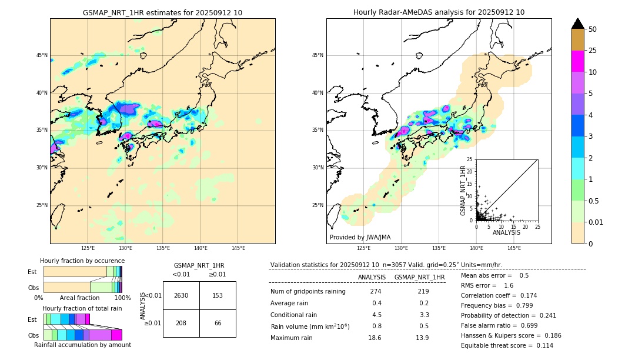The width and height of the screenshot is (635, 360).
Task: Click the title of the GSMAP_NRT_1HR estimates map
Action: click(x=162, y=12)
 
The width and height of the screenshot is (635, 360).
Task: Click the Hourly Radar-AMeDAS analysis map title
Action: click(x=439, y=12)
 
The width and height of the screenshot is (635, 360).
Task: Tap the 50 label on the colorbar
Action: click(x=593, y=29)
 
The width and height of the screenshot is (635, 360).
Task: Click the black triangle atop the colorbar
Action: click(x=578, y=24)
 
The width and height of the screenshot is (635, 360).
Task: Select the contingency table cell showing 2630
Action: click(x=181, y=295)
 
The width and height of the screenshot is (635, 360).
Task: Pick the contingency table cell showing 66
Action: click(x=218, y=324)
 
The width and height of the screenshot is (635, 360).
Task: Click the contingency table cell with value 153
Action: click(x=218, y=295)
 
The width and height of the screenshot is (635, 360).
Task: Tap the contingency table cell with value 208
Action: click(x=181, y=324)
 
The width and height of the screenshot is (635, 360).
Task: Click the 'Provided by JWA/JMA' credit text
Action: click(x=360, y=237)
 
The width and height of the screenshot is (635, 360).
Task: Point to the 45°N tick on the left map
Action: click(x=42, y=55)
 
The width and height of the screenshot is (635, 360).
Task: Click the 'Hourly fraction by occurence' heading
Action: click(x=82, y=261)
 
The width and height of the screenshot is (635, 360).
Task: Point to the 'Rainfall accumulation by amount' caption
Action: click(x=82, y=345)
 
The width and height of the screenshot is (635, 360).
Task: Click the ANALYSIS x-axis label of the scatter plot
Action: click(x=507, y=232)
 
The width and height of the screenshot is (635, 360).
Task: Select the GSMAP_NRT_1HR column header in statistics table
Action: click(x=419, y=277)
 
